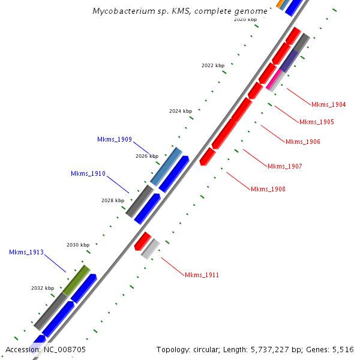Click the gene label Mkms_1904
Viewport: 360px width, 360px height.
pyautogui.click(x=328, y=104)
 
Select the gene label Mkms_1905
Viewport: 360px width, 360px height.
pyautogui.click(x=316, y=122)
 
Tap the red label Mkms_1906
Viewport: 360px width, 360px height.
pyautogui.click(x=302, y=142)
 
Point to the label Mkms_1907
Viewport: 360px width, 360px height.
pyautogui.click(x=284, y=166)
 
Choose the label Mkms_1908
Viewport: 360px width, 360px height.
pyautogui.click(x=268, y=190)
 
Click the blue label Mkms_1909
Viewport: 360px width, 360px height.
pyautogui.click(x=114, y=139)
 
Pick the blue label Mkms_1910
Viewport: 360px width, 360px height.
pyautogui.click(x=88, y=174)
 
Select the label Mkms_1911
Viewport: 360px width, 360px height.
pyautogui.click(x=202, y=275)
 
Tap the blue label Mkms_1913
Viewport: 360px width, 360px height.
pyautogui.click(x=26, y=252)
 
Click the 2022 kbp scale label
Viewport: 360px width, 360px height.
pyautogui.click(x=213, y=65)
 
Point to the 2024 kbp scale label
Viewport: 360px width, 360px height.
pyautogui.click(x=181, y=111)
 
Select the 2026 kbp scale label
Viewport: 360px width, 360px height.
pyautogui.click(x=147, y=156)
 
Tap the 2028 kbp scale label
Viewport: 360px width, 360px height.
pyautogui.click(x=113, y=200)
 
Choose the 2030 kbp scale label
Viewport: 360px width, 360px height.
pyautogui.click(x=78, y=245)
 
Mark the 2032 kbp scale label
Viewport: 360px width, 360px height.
pyautogui.click(x=43, y=288)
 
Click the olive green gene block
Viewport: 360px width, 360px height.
pyautogui.click(x=76, y=280)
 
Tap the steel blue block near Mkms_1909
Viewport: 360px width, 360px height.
pyautogui.click(x=166, y=166)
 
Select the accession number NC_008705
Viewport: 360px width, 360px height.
pyautogui.click(x=46, y=349)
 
